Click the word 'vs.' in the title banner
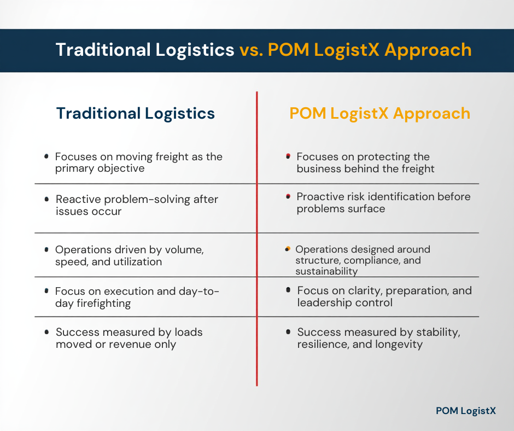pos(251,50)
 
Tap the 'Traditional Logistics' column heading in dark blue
pos(136,113)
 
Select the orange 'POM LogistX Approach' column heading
pos(379,113)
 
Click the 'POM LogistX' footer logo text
pos(466,411)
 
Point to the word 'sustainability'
pos(326,271)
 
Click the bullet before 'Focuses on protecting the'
pos(288,156)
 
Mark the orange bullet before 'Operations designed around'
pos(288,249)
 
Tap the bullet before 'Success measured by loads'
pos(47,331)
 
